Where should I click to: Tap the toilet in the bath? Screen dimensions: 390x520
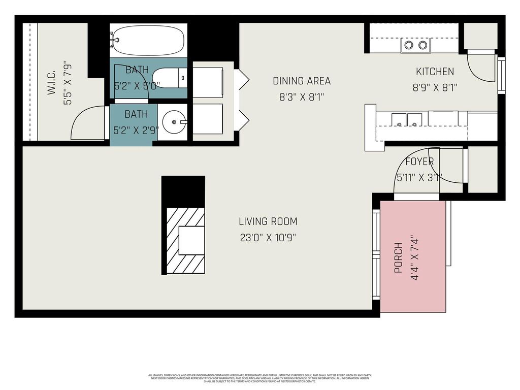[x=170, y=78]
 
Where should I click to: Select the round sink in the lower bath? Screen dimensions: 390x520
[x=175, y=122]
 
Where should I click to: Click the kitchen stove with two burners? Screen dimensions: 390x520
[x=415, y=45]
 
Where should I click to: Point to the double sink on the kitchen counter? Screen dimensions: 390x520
[x=407, y=120]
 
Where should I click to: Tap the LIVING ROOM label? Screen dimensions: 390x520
[x=268, y=221]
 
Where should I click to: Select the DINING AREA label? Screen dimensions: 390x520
[x=302, y=81]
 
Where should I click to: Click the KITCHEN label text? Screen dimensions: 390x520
[x=435, y=72]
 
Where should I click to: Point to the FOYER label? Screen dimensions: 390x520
[x=419, y=162]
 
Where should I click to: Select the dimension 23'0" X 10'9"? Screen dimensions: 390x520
[x=268, y=237]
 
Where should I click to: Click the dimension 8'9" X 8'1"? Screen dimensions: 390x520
[x=435, y=87]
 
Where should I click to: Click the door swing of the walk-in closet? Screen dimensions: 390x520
[x=87, y=123]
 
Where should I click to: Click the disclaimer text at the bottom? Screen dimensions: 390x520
[x=259, y=378]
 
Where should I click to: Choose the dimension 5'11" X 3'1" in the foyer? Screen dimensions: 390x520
[x=419, y=178]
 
